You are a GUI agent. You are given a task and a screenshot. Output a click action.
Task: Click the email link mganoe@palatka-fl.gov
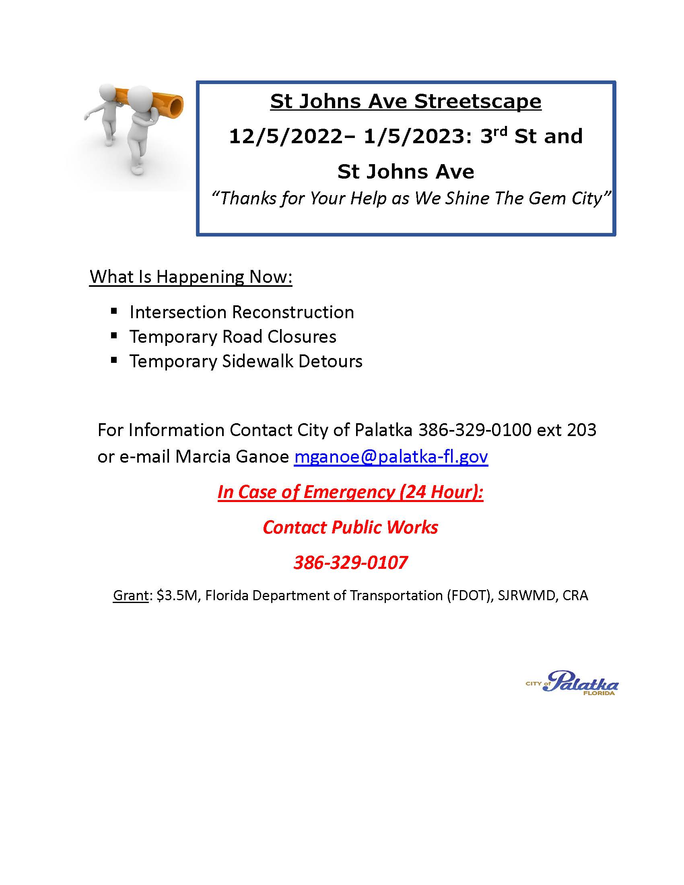tap(391, 457)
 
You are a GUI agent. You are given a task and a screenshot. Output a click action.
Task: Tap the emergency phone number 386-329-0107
tap(350, 562)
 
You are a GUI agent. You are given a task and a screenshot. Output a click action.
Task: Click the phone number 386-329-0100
tap(474, 430)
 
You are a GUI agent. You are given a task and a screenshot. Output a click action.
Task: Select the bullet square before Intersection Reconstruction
tap(114, 311)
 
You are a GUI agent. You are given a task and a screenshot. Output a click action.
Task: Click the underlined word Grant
tap(130, 595)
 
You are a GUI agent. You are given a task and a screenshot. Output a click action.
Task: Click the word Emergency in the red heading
tap(349, 492)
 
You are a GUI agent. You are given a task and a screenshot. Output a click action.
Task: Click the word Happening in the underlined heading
tap(200, 277)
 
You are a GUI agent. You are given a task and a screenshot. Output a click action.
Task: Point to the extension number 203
tap(581, 430)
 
